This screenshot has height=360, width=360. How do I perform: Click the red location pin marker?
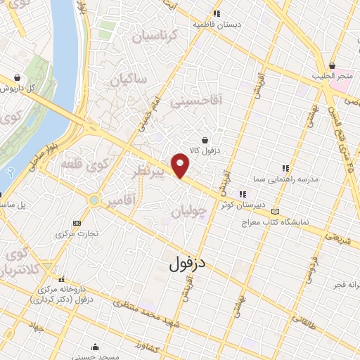click(x=181, y=165)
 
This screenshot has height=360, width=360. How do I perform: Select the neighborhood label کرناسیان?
click(x=145, y=35)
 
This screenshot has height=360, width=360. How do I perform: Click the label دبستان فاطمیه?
click(x=217, y=23)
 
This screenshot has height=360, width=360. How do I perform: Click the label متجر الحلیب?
click(x=333, y=76)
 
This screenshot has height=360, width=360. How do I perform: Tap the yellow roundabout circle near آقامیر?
click(x=94, y=201)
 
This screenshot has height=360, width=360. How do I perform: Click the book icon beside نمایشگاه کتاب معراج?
click(x=275, y=212)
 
